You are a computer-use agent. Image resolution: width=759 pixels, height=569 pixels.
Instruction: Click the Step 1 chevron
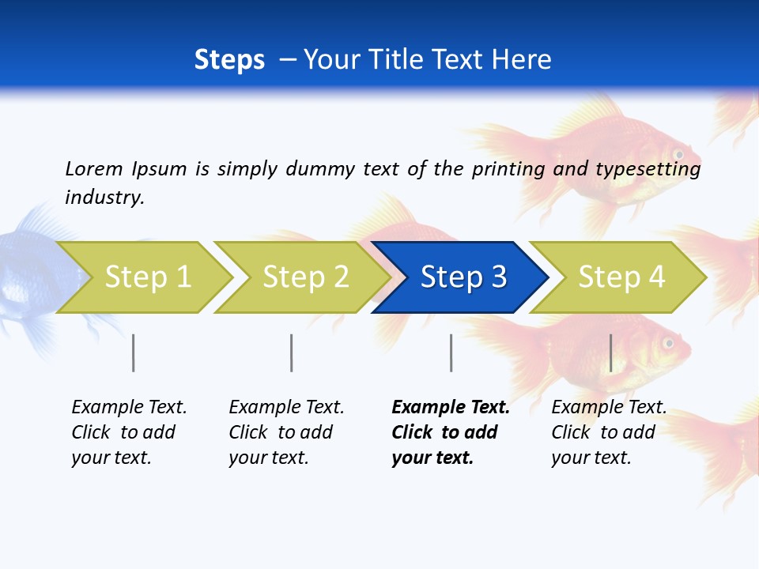click(146, 277)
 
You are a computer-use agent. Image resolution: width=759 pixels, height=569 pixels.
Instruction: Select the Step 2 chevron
click(304, 277)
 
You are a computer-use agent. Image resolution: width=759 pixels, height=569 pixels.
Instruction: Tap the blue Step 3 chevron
click(463, 277)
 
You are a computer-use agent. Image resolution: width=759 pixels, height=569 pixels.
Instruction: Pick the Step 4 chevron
click(621, 277)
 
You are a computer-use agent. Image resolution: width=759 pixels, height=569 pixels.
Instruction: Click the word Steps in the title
click(229, 59)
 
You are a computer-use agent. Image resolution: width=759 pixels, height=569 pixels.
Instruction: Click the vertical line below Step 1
click(134, 352)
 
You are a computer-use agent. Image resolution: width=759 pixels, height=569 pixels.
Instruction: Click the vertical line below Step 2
click(292, 352)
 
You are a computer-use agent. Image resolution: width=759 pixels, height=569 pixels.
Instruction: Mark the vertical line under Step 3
click(451, 352)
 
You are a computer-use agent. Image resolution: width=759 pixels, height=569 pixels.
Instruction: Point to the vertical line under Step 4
click(611, 352)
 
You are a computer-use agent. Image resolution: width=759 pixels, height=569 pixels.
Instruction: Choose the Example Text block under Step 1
click(128, 432)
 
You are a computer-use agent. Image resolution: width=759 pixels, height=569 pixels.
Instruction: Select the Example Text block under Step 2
click(285, 432)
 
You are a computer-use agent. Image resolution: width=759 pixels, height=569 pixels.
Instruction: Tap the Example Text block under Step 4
click(608, 432)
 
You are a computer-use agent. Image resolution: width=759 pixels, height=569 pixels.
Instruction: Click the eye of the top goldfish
click(678, 153)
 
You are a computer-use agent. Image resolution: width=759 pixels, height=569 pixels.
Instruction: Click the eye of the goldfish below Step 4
click(668, 344)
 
